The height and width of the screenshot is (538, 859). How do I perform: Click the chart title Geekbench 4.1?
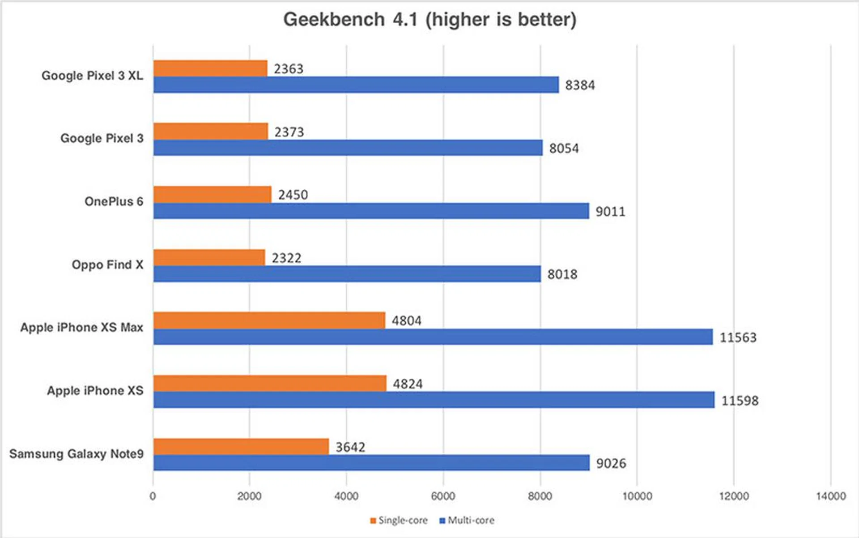[429, 20]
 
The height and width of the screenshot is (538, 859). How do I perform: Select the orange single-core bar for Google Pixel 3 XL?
[210, 68]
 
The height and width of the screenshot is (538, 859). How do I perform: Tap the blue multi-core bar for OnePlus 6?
[371, 211]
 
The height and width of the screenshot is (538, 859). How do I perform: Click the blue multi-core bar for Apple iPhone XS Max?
[433, 337]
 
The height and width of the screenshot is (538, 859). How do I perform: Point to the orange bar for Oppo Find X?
[209, 257]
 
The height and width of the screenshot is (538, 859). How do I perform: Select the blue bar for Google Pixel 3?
[348, 148]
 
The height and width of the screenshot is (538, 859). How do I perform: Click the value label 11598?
[740, 401]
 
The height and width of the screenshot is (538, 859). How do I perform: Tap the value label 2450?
[293, 195]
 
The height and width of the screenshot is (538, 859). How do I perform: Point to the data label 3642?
[350, 447]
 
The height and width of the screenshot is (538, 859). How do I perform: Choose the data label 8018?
[562, 274]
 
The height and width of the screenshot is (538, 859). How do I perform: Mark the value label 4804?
[407, 321]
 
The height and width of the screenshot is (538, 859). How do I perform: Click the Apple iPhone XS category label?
[95, 391]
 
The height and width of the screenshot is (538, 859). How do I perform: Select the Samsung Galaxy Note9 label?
[77, 454]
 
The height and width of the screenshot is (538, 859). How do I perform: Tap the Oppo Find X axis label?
[107, 265]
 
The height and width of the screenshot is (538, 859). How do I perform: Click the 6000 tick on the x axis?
[443, 496]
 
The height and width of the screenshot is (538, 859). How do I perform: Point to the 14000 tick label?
[831, 496]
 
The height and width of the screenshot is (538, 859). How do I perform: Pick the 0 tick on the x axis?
[153, 496]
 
